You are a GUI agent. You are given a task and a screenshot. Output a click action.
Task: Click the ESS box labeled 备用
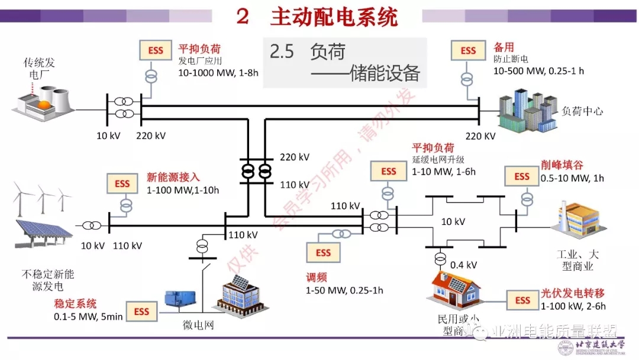pyautogui.click(x=468, y=51)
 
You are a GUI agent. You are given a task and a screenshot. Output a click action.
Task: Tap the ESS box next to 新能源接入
pyautogui.click(x=122, y=184)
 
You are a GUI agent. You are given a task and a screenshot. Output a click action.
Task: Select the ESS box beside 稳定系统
pyautogui.click(x=142, y=311)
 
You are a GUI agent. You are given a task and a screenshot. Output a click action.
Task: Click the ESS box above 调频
pyautogui.click(x=323, y=253)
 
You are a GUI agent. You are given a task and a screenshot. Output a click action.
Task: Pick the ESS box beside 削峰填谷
pyautogui.click(x=522, y=176)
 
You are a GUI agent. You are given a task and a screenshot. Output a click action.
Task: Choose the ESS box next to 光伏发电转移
pyautogui.click(x=522, y=300)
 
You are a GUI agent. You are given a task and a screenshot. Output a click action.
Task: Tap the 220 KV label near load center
pyautogui.click(x=480, y=136)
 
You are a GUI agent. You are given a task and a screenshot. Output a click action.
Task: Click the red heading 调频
pyautogui.click(x=316, y=278)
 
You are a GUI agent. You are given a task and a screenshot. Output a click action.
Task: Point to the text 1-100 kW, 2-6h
pyautogui.click(x=573, y=306)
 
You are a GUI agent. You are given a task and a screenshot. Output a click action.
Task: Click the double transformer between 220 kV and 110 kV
pyautogui.click(x=256, y=172)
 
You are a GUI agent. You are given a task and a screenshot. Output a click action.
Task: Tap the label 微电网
pyautogui.click(x=197, y=326)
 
